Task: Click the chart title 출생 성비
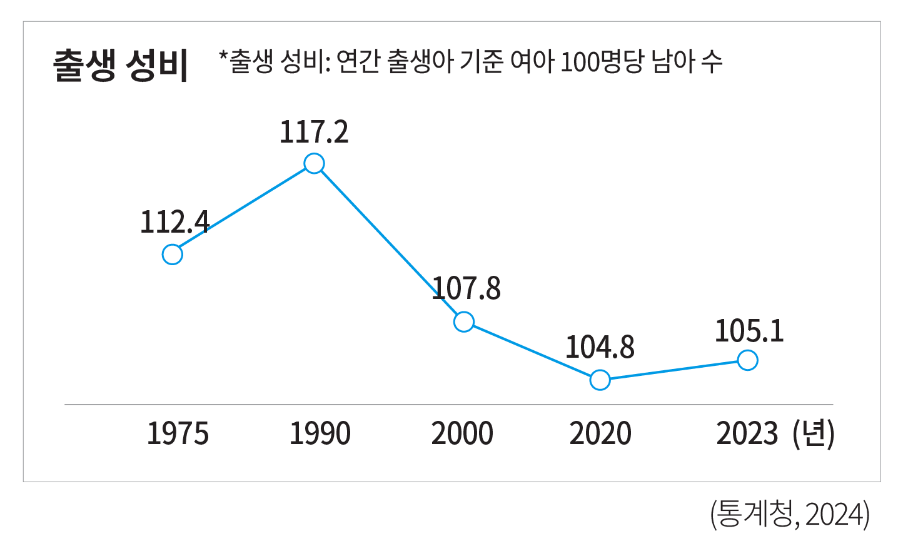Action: pyautogui.click(x=120, y=64)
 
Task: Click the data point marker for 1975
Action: pyautogui.click(x=173, y=255)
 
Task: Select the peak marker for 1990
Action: pyautogui.click(x=314, y=164)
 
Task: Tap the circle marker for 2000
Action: pyautogui.click(x=464, y=322)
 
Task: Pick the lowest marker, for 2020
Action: pyautogui.click(x=600, y=380)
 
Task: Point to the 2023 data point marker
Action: pyautogui.click(x=748, y=360)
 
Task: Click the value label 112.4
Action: pyautogui.click(x=174, y=222)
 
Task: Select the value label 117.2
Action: pyautogui.click(x=314, y=132)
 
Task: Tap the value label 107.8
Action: pyautogui.click(x=467, y=288)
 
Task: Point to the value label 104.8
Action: pyautogui.click(x=600, y=347)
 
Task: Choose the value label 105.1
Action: pyautogui.click(x=749, y=331)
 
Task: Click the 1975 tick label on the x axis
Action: pyautogui.click(x=178, y=433)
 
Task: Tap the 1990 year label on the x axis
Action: pyautogui.click(x=320, y=433)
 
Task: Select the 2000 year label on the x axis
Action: pyautogui.click(x=462, y=433)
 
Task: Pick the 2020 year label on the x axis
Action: pyautogui.click(x=600, y=433)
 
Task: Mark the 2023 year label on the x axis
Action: pyautogui.click(x=747, y=433)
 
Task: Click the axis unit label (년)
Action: pyautogui.click(x=813, y=433)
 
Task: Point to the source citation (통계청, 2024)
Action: pyautogui.click(x=789, y=515)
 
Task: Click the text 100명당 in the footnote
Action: pyautogui.click(x=602, y=62)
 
